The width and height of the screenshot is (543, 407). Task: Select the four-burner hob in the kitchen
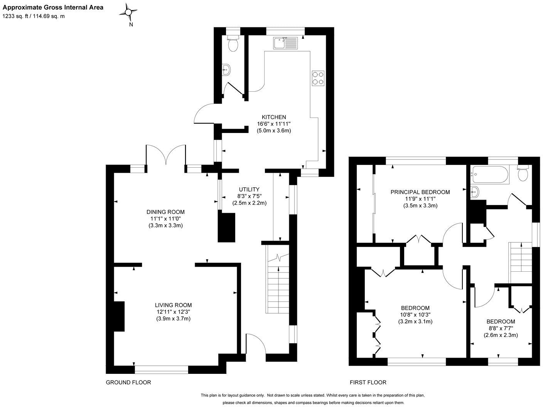(x=318, y=78)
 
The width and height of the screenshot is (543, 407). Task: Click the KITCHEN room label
(x=273, y=117)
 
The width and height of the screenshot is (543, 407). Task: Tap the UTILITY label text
(x=249, y=189)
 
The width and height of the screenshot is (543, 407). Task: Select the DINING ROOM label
(x=165, y=212)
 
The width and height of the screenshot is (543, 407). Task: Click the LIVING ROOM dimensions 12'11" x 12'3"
(x=173, y=312)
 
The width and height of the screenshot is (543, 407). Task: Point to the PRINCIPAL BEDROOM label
(x=420, y=192)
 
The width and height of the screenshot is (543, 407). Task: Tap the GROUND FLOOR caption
(x=128, y=382)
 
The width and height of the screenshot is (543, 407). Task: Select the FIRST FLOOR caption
(x=368, y=382)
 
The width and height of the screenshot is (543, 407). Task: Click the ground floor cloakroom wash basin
(x=227, y=70)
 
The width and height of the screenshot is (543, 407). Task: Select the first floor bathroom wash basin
(x=475, y=191)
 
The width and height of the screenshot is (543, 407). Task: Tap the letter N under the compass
(x=131, y=25)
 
